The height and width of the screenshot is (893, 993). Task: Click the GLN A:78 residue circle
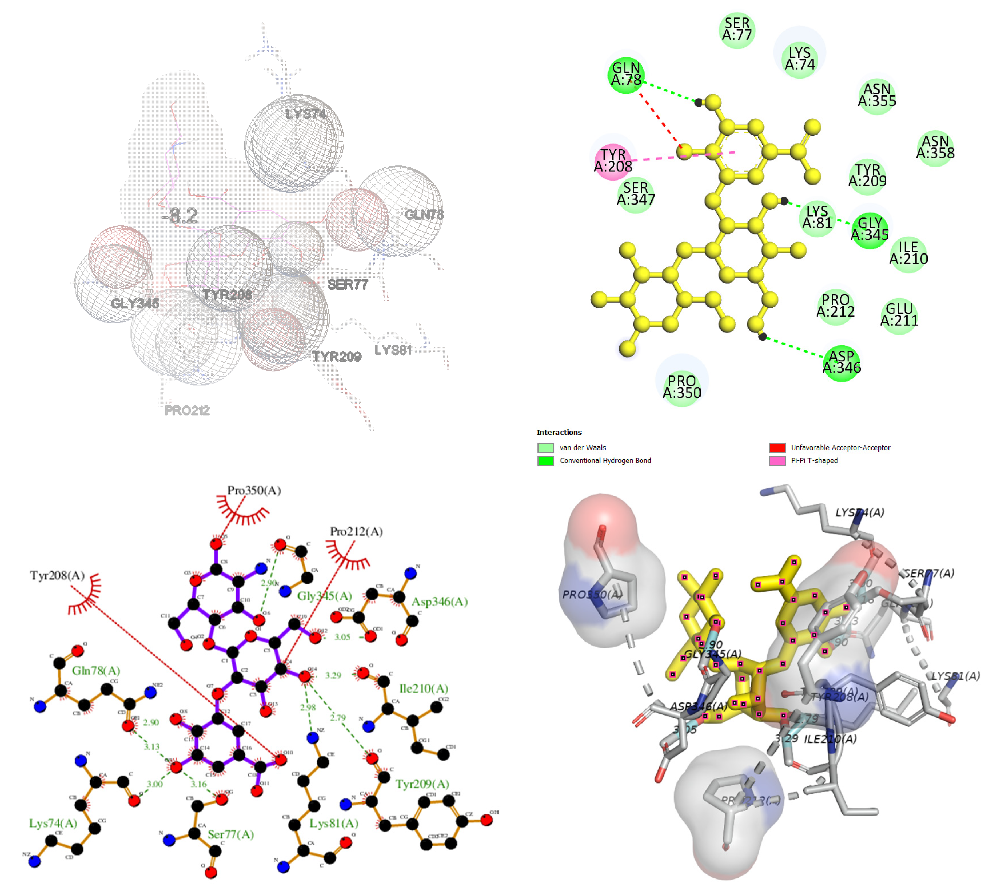[626, 75]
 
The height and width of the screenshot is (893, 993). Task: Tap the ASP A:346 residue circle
[841, 363]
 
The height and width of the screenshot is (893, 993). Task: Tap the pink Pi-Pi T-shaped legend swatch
[777, 461]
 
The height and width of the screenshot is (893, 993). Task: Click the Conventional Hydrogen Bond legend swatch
[545, 461]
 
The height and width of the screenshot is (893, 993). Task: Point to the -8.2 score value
[180, 216]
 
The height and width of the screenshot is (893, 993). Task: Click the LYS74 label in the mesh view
[305, 114]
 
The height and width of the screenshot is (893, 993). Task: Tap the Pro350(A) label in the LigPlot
[254, 490]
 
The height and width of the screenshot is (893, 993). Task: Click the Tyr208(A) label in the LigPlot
[57, 575]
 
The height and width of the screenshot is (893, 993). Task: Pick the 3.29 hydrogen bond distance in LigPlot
[333, 676]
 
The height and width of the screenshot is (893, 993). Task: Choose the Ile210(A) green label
[424, 688]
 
